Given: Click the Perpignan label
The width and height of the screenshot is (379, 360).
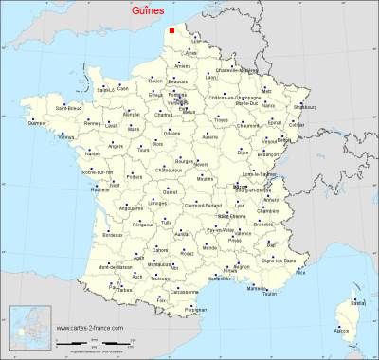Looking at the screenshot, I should [196, 310].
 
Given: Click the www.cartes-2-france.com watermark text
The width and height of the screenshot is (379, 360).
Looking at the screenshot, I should [89, 329].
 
